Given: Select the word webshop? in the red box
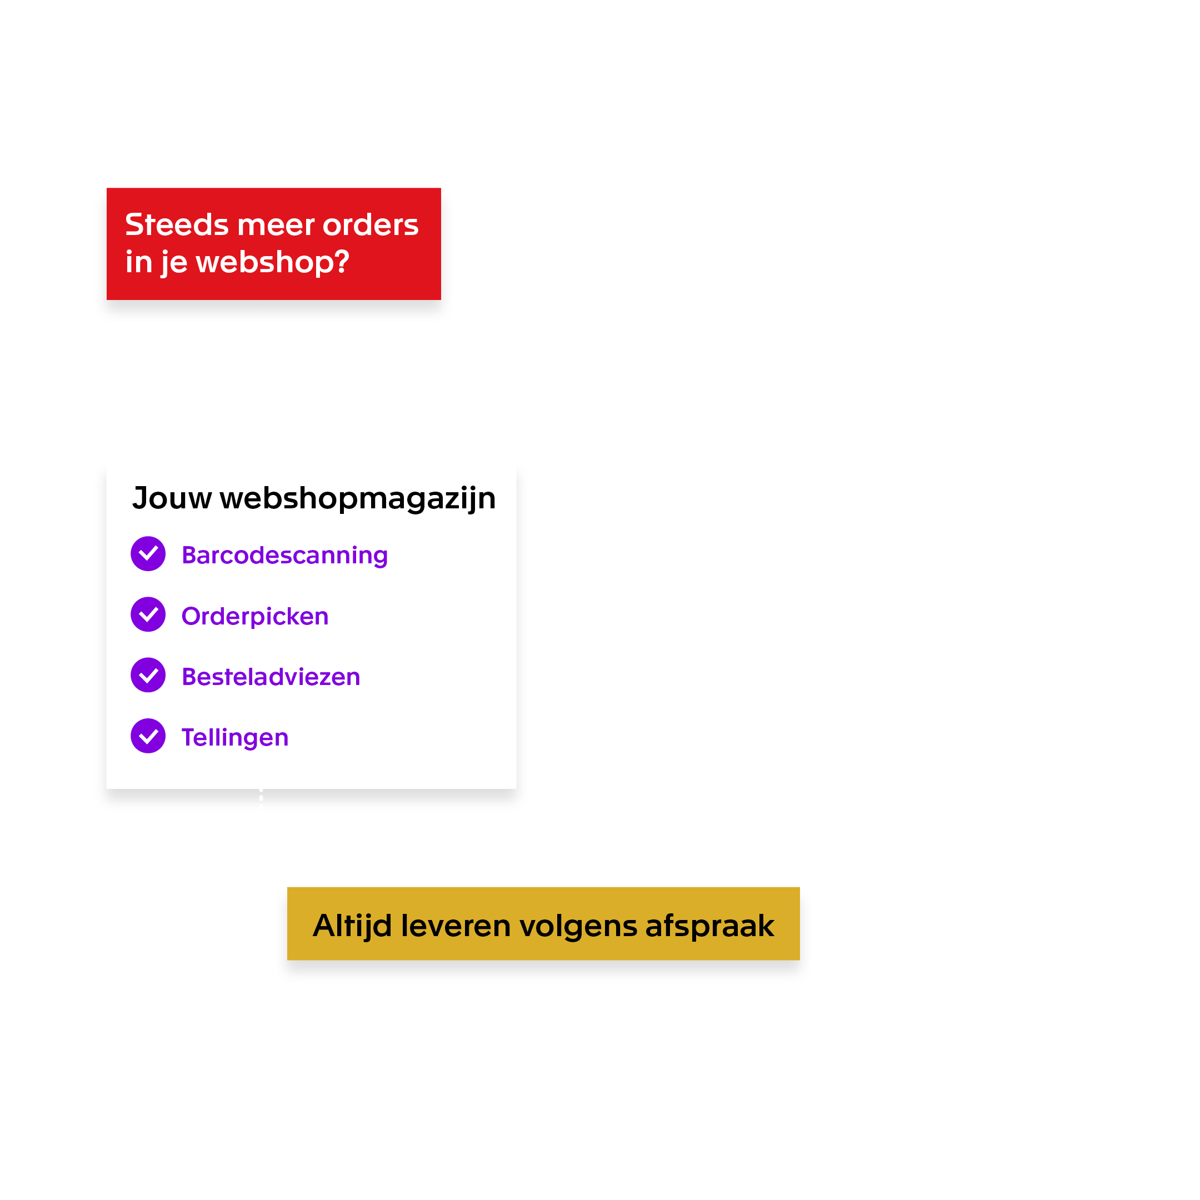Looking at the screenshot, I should pos(273,262).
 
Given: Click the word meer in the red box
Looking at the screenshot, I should pos(276,225).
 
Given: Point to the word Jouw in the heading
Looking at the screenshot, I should pos(172,498).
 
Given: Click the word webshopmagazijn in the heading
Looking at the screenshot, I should pos(358,499).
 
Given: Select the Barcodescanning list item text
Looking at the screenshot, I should pos(284,556).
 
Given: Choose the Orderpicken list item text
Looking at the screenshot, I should pos(254,616).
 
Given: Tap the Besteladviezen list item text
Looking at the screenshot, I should pos(271,677).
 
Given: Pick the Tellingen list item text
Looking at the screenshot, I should pos(235,737).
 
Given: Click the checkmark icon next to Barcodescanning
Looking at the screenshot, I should pos(148,553).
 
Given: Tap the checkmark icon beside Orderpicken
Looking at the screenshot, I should pos(148,614).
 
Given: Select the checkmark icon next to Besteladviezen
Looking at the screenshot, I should pos(148,675).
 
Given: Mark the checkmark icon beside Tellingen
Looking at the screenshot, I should pos(148,736).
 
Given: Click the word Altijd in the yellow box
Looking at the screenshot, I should pos(352,927).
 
